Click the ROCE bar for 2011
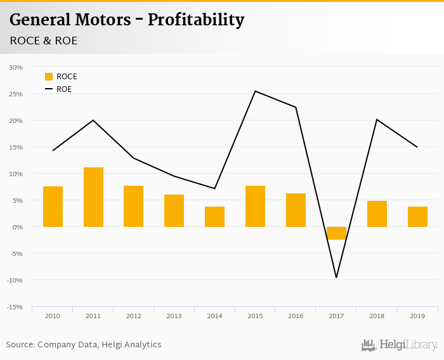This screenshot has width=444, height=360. tap(93, 197)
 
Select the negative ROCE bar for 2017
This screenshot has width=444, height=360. tap(336, 233)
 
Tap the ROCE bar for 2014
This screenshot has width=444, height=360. tap(214, 217)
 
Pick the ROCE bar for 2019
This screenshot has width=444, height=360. tap(417, 217)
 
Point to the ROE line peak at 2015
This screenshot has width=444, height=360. tap(255, 91)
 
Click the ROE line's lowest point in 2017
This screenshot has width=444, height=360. tap(336, 277)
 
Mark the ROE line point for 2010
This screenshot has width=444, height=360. tap(53, 151)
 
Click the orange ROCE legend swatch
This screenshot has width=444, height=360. tap(49, 77)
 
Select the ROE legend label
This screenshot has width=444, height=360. tap(64, 89)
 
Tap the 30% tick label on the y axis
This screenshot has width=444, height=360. tap(16, 67)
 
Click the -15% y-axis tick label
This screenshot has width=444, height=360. tap(15, 307)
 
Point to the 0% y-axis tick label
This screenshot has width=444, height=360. tap(17, 227)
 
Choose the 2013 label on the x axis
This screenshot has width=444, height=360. tap(174, 316)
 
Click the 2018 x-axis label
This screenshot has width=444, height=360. tap(377, 316)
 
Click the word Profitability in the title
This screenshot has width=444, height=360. tap(196, 20)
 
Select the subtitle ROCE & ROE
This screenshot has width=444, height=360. tap(43, 41)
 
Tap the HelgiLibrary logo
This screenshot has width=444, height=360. tap(399, 345)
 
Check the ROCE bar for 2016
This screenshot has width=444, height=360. tap(296, 210)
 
